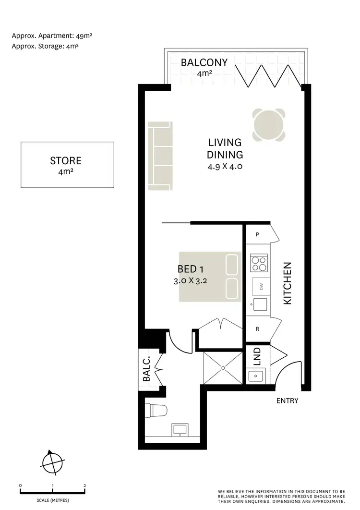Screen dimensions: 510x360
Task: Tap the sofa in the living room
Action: coord(160,156)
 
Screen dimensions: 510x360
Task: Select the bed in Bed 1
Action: coord(210,277)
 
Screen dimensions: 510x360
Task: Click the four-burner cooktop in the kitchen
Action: coord(259,264)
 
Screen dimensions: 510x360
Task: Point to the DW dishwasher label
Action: coord(262,287)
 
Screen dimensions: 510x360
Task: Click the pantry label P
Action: coord(258,235)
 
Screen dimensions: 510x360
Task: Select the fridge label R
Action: coord(258,329)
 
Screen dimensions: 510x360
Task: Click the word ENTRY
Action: coord(288,401)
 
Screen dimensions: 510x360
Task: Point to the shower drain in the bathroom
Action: coord(224,368)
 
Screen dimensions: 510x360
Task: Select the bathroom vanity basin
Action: coord(180,429)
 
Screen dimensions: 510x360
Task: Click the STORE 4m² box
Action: coord(67,165)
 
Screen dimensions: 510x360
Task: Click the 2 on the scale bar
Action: coord(84,486)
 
